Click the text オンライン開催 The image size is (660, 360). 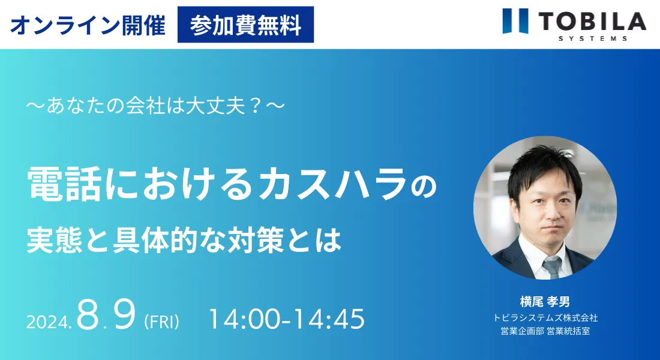click(x=88, y=25)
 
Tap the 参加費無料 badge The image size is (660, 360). click(x=245, y=25)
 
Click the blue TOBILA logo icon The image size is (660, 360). click(x=515, y=20)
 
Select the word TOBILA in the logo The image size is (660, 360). click(x=592, y=22)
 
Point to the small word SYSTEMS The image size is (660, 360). click(x=593, y=38)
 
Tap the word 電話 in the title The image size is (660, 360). click(x=64, y=184)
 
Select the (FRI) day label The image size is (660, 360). click(x=161, y=322)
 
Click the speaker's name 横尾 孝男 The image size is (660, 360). click(x=545, y=302)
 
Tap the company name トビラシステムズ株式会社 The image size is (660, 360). click(x=545, y=317)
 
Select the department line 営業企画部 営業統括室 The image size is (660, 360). click(x=545, y=331)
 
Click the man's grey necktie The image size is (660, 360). click(x=552, y=267)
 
